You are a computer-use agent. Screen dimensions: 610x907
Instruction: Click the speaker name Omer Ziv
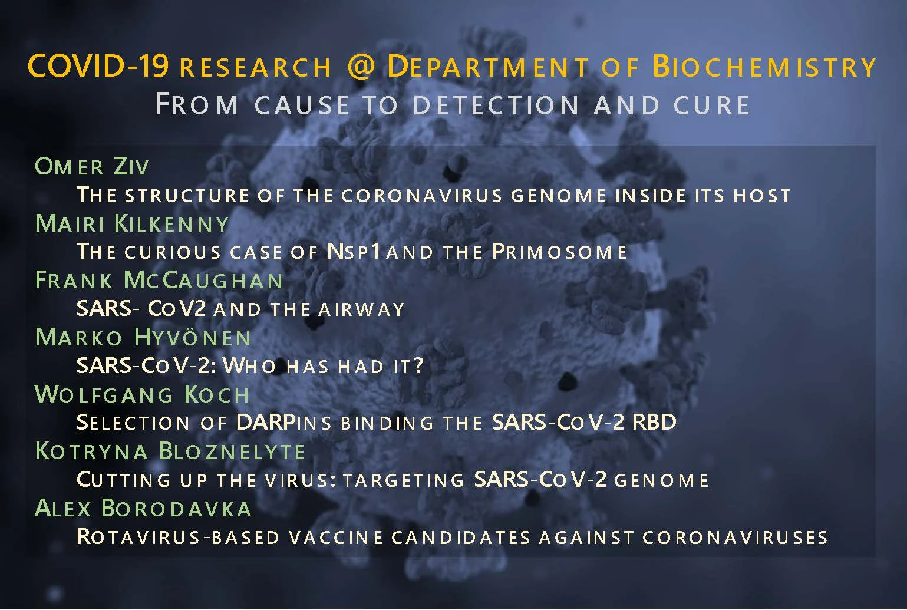point(92,167)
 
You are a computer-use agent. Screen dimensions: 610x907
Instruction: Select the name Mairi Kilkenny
point(132,224)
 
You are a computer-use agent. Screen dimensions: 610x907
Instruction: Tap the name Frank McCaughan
point(159,281)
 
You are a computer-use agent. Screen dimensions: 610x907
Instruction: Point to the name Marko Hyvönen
point(143,338)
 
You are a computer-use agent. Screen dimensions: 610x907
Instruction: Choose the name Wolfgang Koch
point(143,395)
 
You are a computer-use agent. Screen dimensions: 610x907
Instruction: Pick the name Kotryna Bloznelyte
point(170,451)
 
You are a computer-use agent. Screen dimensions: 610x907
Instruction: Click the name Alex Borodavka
point(143,509)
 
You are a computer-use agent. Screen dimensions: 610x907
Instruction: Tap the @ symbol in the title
point(361,67)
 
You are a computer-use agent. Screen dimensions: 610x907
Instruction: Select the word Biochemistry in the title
point(764,67)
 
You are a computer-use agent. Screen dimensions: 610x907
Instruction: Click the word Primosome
point(559,252)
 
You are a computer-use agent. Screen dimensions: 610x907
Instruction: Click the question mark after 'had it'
point(418,366)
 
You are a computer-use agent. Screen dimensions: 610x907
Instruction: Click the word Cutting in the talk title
point(124,480)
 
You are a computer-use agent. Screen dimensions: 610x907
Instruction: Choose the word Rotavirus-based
point(178,537)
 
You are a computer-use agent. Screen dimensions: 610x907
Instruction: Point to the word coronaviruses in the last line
point(735,537)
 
